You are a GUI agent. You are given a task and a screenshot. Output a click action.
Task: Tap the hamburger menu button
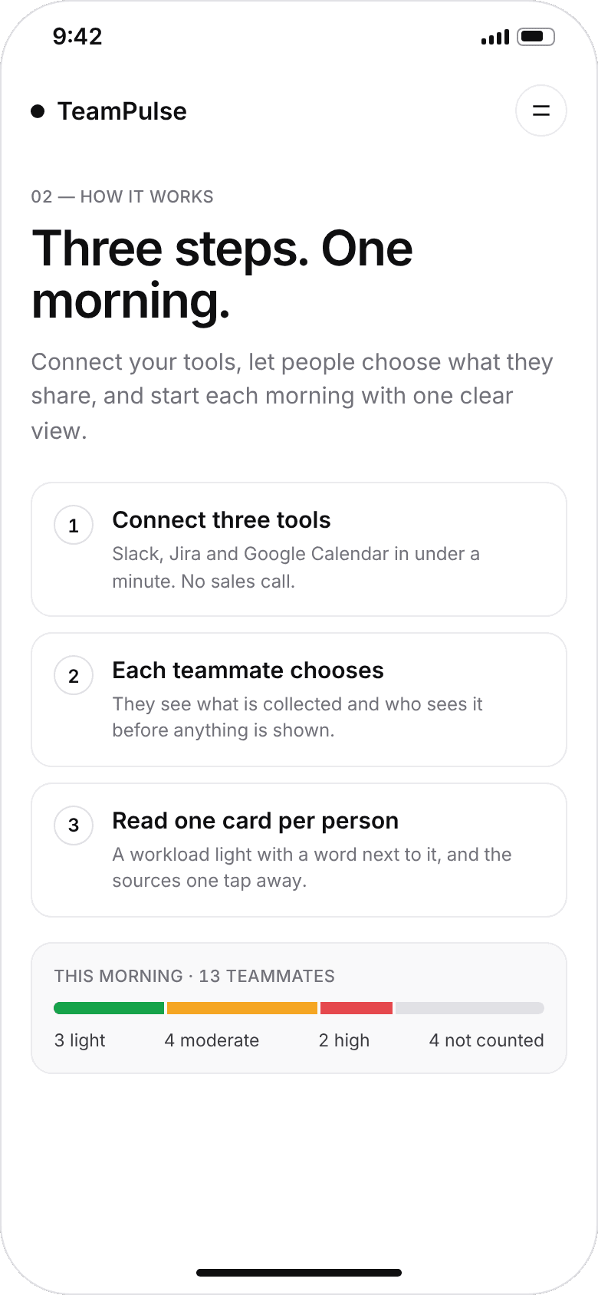[x=540, y=110]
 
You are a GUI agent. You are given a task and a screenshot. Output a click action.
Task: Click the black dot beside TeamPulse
[x=38, y=111]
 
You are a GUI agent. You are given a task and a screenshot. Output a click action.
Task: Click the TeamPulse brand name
[x=122, y=111]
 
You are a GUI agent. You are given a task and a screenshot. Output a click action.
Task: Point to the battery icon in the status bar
[x=536, y=36]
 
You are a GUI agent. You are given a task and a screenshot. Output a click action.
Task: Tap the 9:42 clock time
[x=77, y=36]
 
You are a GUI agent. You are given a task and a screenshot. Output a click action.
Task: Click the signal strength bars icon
[x=495, y=37]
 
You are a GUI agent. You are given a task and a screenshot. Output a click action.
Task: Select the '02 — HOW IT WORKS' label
[x=122, y=196]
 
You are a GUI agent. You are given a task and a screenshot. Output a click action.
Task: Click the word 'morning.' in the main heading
[x=130, y=302]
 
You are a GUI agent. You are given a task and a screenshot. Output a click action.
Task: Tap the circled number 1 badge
[x=74, y=525]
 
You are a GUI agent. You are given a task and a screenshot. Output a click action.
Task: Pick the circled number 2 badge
[x=74, y=675]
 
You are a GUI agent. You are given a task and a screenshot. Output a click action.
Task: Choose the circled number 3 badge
[x=74, y=825]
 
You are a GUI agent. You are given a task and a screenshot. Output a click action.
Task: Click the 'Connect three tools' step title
[x=222, y=519]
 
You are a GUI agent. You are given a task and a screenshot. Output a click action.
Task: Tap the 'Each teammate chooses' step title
[x=248, y=670]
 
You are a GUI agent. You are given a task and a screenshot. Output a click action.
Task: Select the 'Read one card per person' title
[x=255, y=820]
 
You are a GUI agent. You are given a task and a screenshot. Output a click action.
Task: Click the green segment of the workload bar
[x=109, y=1008]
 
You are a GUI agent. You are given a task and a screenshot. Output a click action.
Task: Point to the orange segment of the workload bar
[x=242, y=1008]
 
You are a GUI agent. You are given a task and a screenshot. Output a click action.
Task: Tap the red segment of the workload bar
[x=356, y=1008]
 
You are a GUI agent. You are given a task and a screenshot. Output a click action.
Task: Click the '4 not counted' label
[x=487, y=1040]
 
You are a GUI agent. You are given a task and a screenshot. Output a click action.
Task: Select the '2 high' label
[x=343, y=1040]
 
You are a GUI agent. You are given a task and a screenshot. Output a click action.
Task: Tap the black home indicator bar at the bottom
[x=299, y=1273]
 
